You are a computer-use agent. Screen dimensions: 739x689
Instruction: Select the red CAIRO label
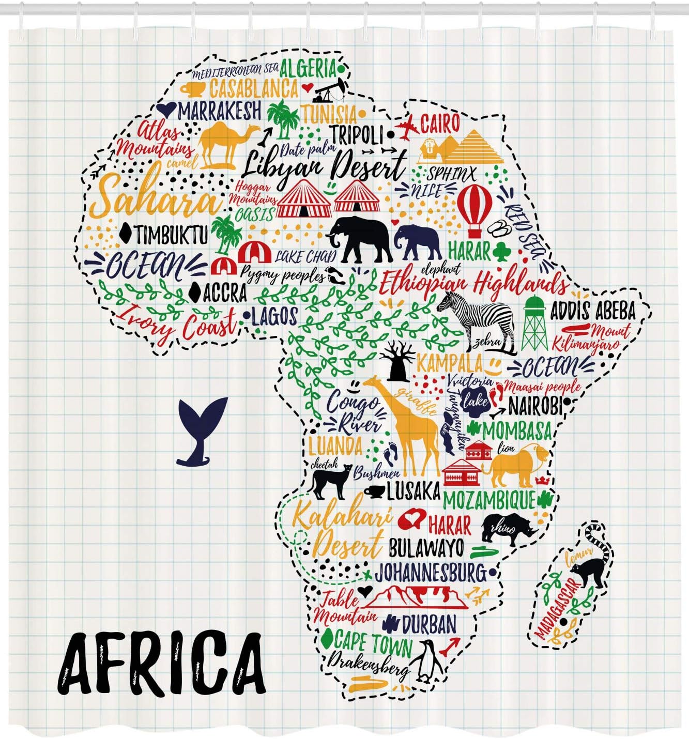(x=440, y=124)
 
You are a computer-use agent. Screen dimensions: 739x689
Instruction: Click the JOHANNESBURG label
(x=430, y=573)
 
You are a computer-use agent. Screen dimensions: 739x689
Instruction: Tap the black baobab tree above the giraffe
(x=397, y=362)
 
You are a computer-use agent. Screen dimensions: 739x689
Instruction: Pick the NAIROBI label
(x=534, y=406)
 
